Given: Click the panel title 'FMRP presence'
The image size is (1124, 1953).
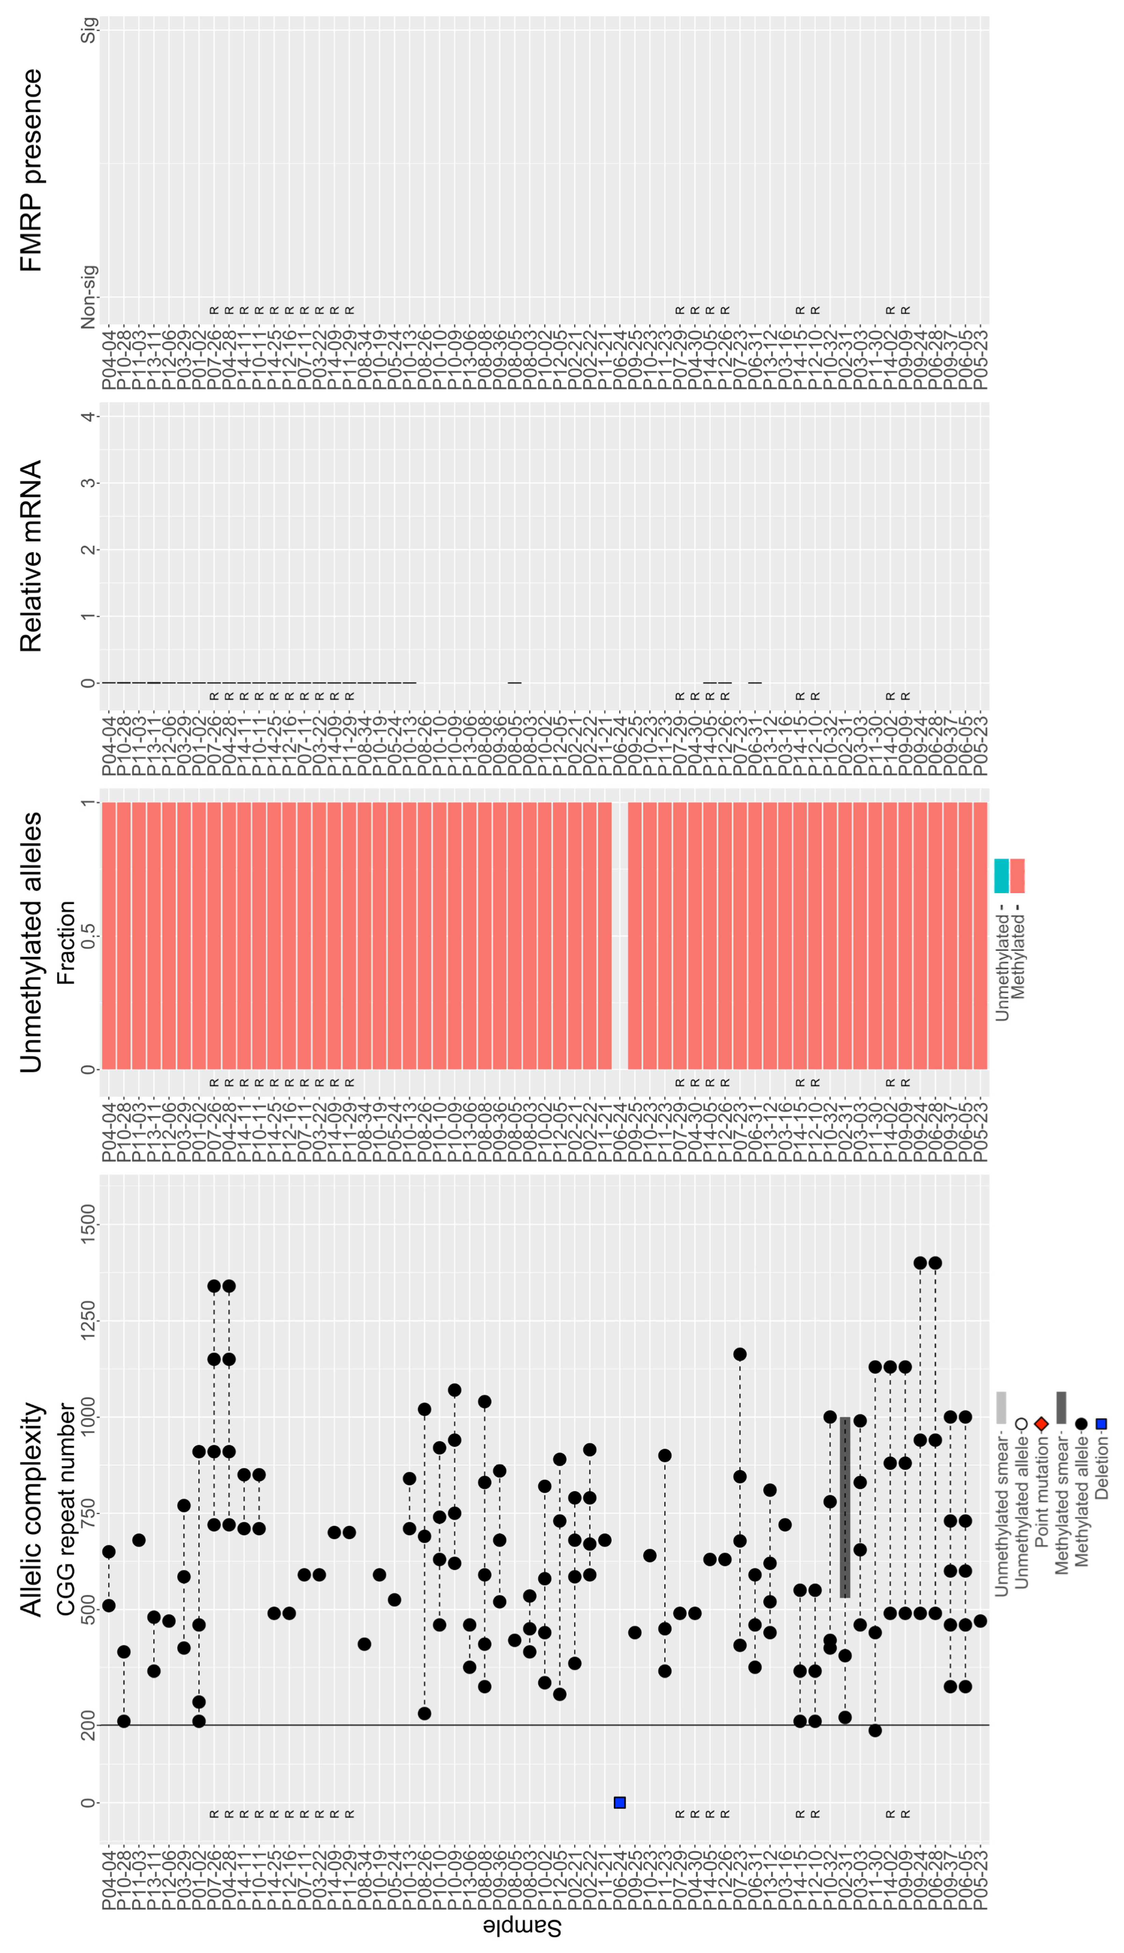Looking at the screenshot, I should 31,170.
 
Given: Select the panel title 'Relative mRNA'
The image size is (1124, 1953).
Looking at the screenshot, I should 31,556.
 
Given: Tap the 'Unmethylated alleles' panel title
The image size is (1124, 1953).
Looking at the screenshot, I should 31,942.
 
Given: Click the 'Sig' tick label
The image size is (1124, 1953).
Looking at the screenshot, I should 89,29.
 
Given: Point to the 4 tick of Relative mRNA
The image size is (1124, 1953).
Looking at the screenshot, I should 89,417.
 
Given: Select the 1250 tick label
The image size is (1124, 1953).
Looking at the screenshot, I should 89,1321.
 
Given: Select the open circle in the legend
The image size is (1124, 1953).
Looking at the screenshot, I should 1021,1423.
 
